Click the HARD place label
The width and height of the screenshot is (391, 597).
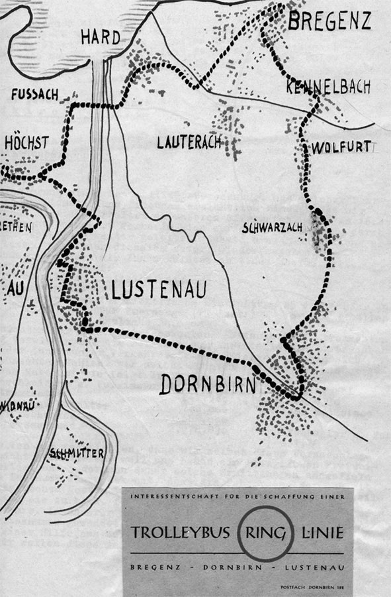point(101,38)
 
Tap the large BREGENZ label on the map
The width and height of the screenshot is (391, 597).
point(329,21)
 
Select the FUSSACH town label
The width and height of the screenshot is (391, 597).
point(34,95)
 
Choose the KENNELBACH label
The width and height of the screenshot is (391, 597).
point(329,88)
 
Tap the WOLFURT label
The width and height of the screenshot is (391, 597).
point(342,146)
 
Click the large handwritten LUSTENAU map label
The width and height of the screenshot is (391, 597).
point(159,290)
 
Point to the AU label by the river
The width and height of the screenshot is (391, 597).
point(15,290)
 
